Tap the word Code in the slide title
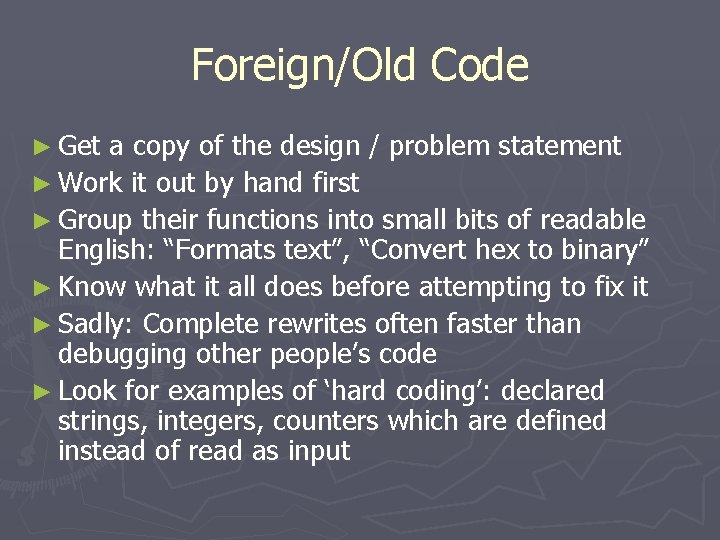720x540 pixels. [x=481, y=65]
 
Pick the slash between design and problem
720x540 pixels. [x=375, y=147]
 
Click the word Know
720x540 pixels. [x=92, y=287]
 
